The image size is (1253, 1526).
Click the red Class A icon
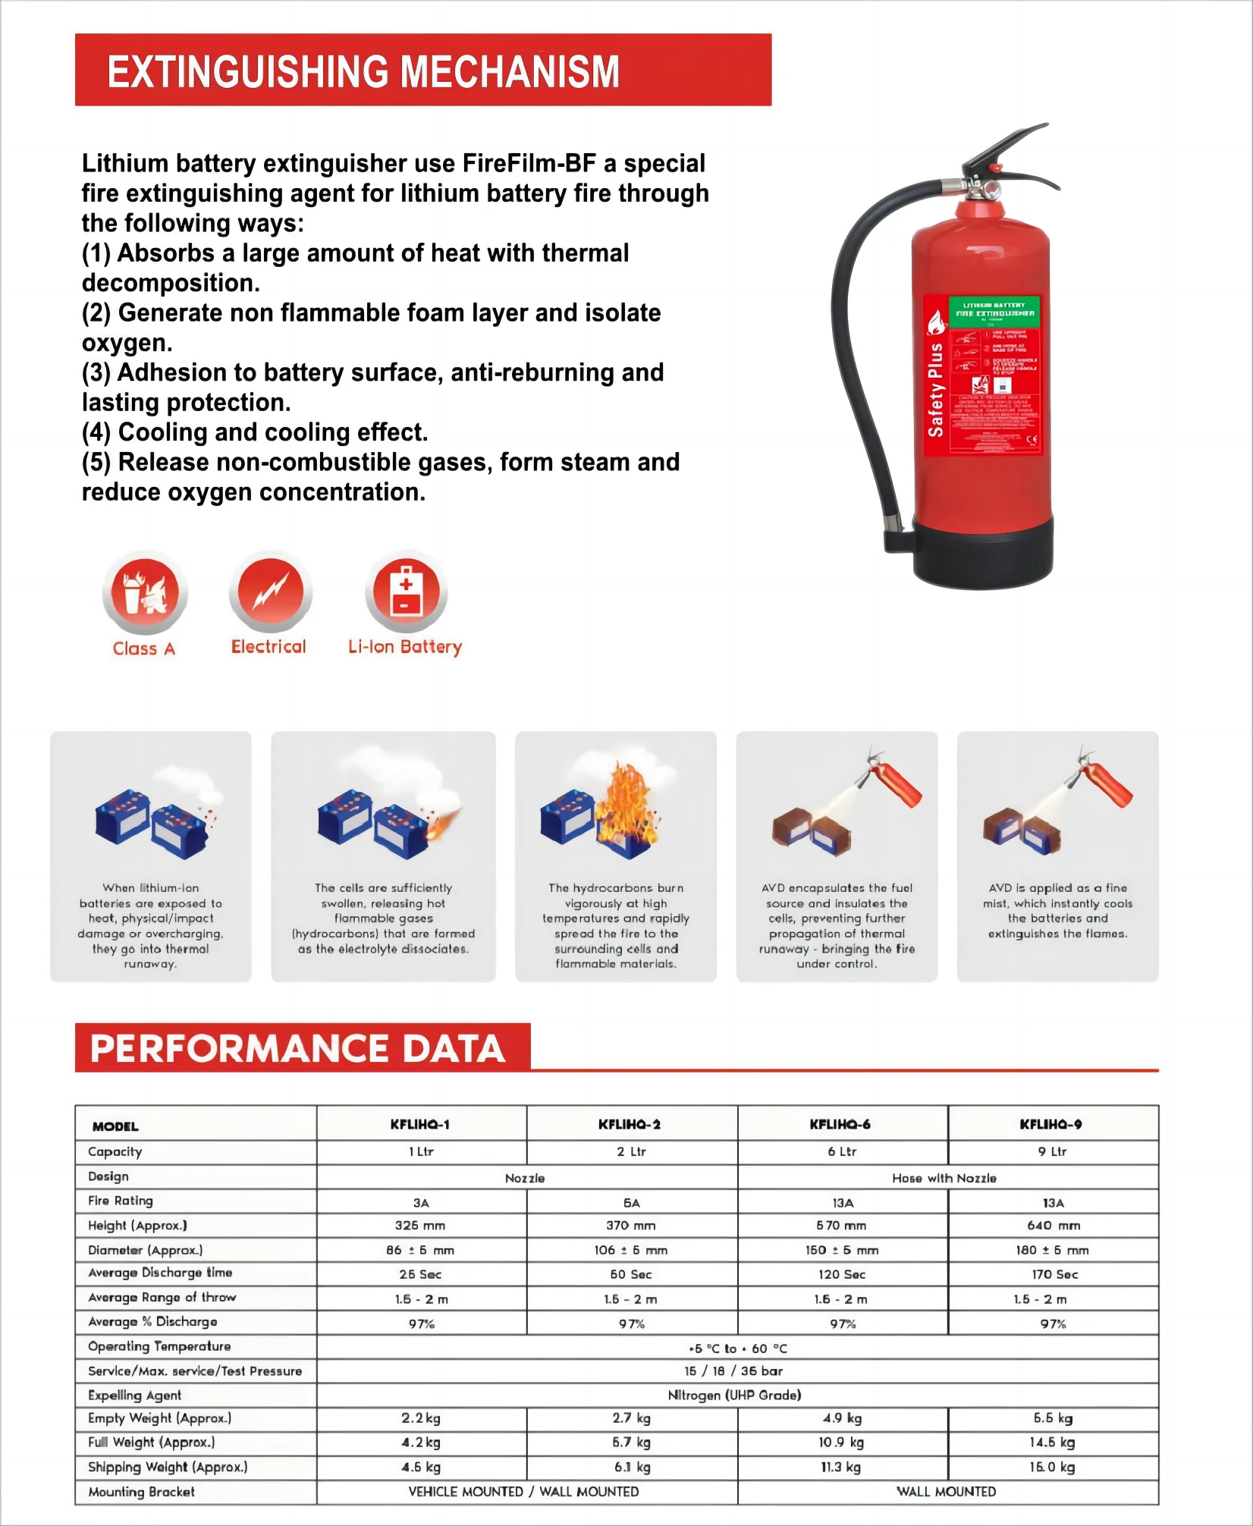145,592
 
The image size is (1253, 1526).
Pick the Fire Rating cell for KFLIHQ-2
631,1203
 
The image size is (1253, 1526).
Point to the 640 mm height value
1054,1226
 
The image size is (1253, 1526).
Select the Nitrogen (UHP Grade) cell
734,1395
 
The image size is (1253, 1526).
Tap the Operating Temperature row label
159,1346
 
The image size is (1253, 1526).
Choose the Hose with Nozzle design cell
944,1178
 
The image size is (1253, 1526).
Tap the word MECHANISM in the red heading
509,72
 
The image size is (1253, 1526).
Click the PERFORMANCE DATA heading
297,1049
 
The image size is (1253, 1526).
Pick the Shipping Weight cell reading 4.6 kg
421,1467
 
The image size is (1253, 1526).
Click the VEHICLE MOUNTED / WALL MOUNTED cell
523,1492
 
